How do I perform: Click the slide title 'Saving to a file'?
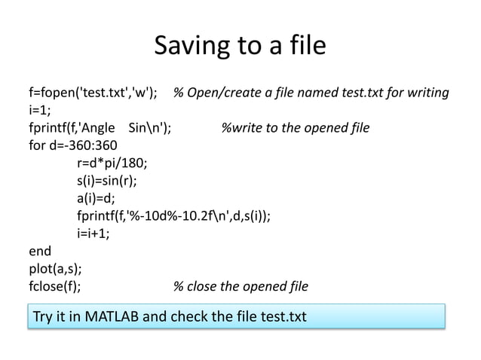[x=240, y=47]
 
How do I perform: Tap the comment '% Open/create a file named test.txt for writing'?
[x=311, y=93]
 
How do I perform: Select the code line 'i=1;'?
[x=39, y=111]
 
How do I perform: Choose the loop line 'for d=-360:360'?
[x=72, y=145]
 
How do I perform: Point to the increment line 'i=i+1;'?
[x=93, y=233]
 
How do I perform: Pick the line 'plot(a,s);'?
[x=56, y=269]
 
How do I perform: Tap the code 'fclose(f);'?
[x=56, y=286]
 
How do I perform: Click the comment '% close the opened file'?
[x=240, y=286]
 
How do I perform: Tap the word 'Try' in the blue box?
[x=43, y=317]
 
